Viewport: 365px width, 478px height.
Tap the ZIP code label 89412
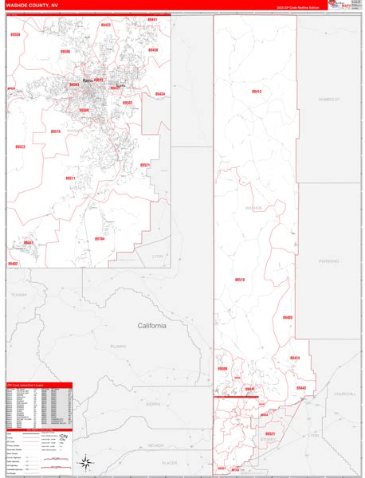click(x=256, y=92)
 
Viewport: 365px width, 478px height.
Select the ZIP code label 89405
click(x=287, y=318)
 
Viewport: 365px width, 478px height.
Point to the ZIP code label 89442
click(x=300, y=388)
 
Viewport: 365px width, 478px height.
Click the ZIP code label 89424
click(x=295, y=358)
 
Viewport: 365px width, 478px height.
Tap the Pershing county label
click(x=329, y=260)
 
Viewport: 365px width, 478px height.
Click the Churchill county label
click(x=345, y=394)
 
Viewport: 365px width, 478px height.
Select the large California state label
click(x=152, y=326)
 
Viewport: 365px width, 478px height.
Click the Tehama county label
click(x=19, y=294)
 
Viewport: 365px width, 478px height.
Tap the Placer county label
click(x=169, y=461)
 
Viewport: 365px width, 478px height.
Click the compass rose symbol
click(x=85, y=464)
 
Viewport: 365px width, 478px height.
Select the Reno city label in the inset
click(x=88, y=80)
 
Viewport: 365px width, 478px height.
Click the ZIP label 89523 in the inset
click(x=20, y=147)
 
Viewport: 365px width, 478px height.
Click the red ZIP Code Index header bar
click(x=38, y=385)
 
